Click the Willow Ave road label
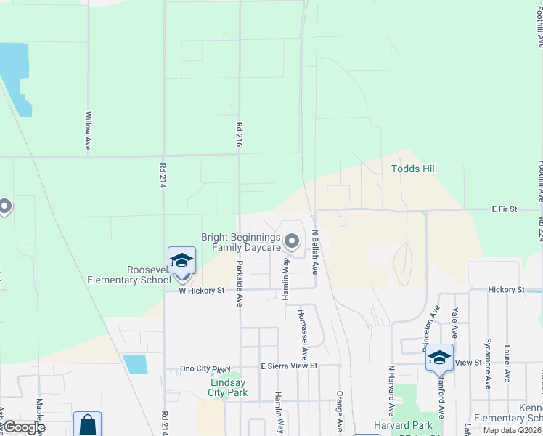[88, 131]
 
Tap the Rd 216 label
[238, 134]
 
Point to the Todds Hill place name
[415, 169]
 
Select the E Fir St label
[504, 209]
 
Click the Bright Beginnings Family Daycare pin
[292, 240]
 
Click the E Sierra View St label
[290, 366]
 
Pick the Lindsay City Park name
[229, 387]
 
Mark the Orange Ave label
[339, 411]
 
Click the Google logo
[23, 427]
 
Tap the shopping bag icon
[87, 424]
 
